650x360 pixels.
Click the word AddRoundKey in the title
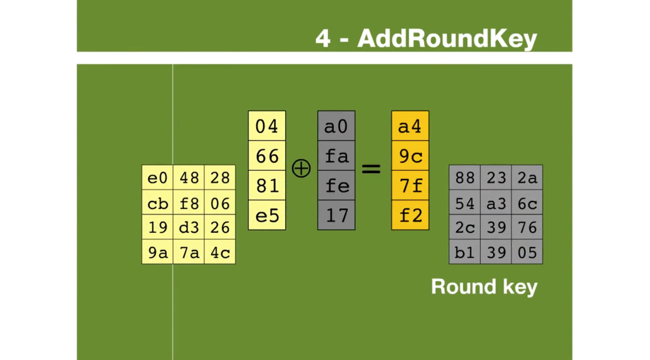coord(447,39)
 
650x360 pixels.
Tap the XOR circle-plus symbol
coord(301,168)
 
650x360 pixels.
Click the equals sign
coord(371,169)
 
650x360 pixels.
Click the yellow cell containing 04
coord(267,126)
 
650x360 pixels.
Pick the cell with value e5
coord(267,215)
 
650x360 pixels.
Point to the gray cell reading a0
coord(336,126)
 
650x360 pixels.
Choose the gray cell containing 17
coord(336,215)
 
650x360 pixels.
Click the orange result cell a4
coord(410,126)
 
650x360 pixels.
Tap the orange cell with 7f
coord(410,185)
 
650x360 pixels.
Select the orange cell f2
coord(410,215)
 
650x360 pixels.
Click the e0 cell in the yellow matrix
coord(157,177)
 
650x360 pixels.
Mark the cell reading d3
coord(189,227)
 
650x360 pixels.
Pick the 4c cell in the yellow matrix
coord(220,252)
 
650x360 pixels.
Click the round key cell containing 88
coord(465,177)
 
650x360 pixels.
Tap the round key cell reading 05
coord(527,252)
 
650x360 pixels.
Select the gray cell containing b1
coord(465,252)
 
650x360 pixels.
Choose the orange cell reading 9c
coord(410,156)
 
